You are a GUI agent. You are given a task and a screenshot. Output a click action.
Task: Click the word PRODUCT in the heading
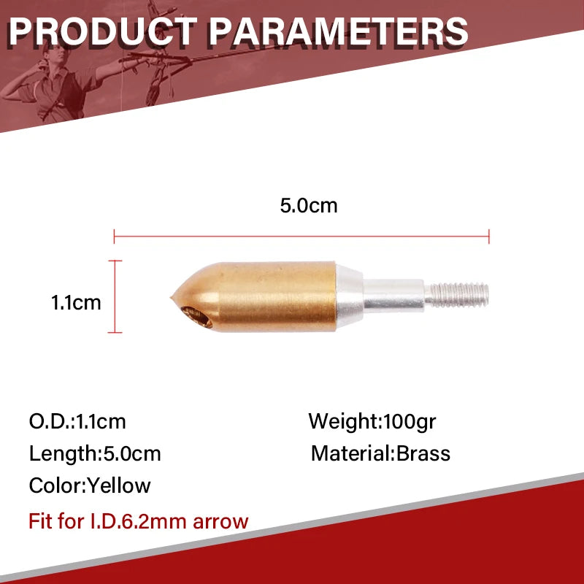pyautogui.click(x=102, y=31)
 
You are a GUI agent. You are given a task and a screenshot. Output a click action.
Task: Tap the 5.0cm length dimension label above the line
pyautogui.click(x=309, y=205)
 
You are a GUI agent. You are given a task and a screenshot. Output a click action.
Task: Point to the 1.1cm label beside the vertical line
pyautogui.click(x=76, y=301)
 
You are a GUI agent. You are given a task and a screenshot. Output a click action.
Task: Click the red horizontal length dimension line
pyautogui.click(x=301, y=235)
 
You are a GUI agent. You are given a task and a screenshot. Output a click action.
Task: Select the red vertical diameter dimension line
pyautogui.click(x=115, y=296)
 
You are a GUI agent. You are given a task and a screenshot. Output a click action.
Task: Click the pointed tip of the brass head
pyautogui.click(x=169, y=297)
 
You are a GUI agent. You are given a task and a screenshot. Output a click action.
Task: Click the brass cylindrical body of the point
pyautogui.click(x=277, y=296)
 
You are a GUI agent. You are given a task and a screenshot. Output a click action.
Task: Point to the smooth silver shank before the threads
pyautogui.click(x=394, y=296)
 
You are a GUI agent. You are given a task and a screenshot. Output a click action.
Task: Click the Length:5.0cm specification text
pyautogui.click(x=95, y=453)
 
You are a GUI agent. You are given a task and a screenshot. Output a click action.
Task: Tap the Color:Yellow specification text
pyautogui.click(x=90, y=485)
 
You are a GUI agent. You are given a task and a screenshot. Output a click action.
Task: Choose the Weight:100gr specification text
pyautogui.click(x=372, y=421)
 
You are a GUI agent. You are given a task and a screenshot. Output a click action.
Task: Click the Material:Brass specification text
pyautogui.click(x=380, y=453)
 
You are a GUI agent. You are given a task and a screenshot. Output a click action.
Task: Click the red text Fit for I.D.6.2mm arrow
pyautogui.click(x=139, y=521)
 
